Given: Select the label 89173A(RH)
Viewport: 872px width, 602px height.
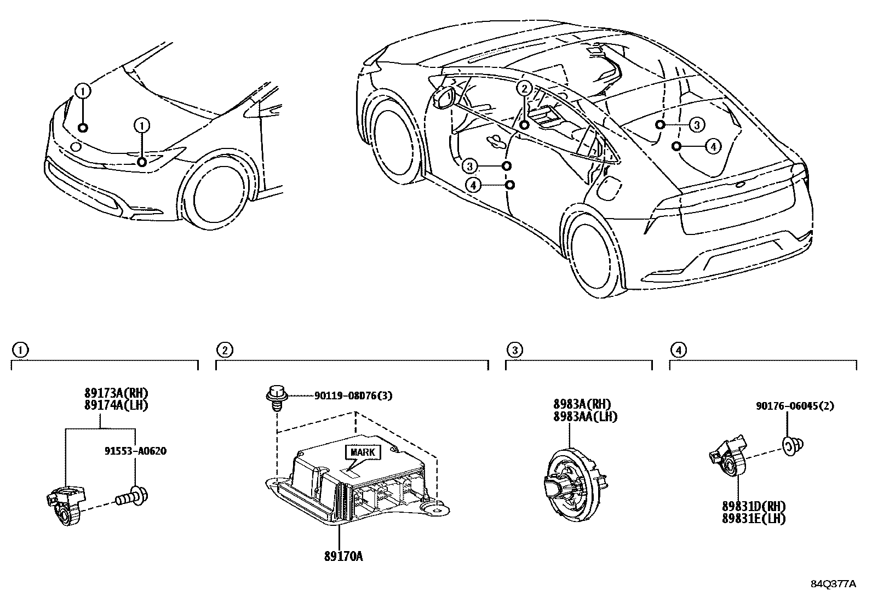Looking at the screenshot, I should [116, 393].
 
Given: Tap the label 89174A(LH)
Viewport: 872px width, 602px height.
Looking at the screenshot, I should [116, 405].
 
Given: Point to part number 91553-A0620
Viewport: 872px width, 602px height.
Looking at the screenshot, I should [135, 451].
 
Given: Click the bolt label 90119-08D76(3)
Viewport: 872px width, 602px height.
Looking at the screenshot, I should [353, 395].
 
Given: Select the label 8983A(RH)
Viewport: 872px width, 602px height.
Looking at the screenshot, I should [581, 405].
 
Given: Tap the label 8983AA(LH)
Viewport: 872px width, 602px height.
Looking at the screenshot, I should [584, 416].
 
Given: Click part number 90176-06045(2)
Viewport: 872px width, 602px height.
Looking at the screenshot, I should [795, 406].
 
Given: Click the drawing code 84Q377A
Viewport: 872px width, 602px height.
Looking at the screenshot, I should [833, 584].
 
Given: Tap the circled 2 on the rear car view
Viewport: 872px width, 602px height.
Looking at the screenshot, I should [524, 89].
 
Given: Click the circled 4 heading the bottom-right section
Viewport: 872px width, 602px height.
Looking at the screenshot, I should [678, 349].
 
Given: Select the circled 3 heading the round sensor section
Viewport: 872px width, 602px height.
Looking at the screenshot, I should [514, 349].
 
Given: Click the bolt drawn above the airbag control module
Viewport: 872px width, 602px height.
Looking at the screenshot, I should [277, 396].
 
